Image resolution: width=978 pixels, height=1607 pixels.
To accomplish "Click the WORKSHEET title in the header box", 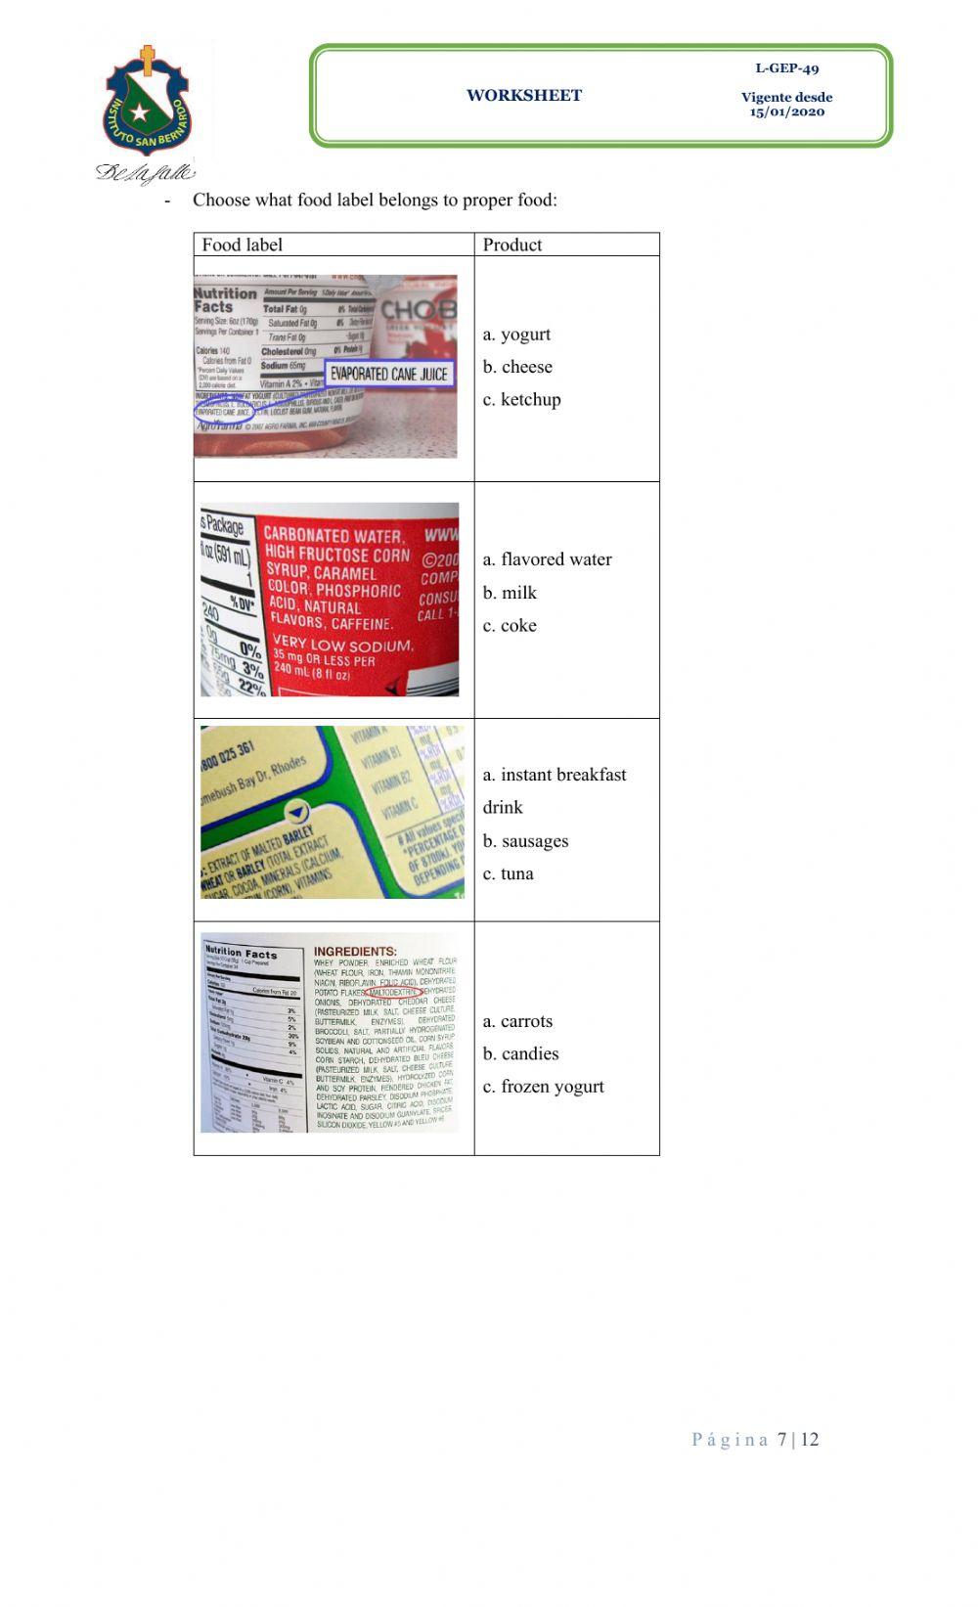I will (524, 96).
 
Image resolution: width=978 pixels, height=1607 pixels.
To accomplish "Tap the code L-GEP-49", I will (786, 68).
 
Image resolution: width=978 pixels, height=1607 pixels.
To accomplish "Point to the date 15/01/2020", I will (786, 112).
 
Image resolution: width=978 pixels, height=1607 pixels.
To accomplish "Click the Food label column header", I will (242, 245).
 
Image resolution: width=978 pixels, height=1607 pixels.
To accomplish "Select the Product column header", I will (512, 245).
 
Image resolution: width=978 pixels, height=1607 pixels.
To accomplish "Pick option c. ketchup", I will (521, 400).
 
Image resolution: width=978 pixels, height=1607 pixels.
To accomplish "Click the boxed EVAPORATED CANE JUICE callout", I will (388, 374).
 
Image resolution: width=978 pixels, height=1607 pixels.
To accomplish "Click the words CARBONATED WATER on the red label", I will (333, 536).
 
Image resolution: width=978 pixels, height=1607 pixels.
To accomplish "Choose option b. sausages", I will (525, 841).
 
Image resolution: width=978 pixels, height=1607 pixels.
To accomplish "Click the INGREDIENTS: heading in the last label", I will (354, 952).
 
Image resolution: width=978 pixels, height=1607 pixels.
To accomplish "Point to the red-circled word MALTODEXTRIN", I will (390, 991).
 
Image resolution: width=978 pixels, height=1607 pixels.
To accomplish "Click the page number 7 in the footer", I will (781, 1440).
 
